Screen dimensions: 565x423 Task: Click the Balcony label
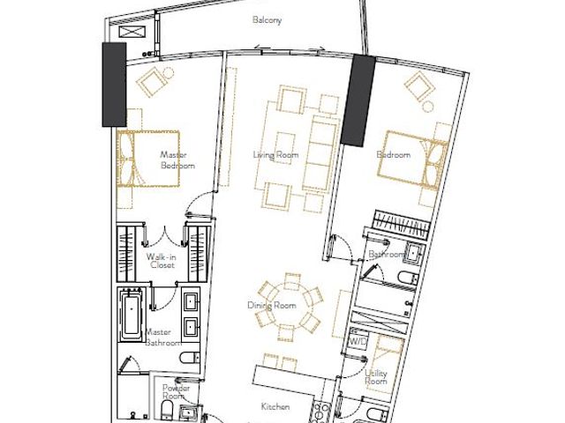267,19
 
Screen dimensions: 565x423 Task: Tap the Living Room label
275,155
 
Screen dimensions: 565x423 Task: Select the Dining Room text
272,306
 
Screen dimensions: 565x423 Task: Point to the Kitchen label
275,406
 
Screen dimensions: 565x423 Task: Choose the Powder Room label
176,391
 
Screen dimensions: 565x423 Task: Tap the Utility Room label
376,376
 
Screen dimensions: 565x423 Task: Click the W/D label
358,341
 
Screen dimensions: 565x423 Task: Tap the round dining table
288,307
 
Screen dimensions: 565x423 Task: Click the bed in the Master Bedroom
148,159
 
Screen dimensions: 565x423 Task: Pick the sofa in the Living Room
320,152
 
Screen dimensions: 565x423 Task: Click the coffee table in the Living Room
286,148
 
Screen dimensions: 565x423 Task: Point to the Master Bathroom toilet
190,358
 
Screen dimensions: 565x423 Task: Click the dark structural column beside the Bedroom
358,100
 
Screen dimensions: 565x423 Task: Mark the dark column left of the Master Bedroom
114,85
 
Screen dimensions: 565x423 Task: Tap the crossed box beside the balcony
132,32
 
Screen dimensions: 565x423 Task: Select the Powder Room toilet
168,409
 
